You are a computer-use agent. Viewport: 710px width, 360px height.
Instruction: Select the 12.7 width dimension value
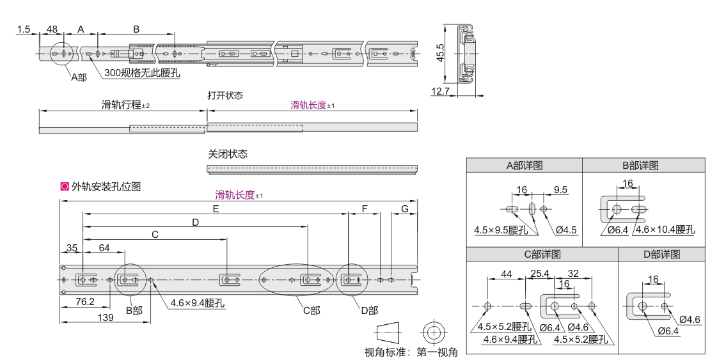point(440,91)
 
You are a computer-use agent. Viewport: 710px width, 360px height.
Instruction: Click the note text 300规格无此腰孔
point(142,73)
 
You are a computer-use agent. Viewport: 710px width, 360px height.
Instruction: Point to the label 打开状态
point(225,95)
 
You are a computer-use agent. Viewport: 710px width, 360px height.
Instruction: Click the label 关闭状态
point(227,154)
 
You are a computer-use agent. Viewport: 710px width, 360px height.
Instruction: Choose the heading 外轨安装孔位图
point(106,187)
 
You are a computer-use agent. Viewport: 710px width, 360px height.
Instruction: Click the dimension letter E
point(216,209)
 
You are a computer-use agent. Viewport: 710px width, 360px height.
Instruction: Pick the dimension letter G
point(404,209)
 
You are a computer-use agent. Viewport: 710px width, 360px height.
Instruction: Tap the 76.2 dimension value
point(84,301)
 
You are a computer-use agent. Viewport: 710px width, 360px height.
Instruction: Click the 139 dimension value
point(106,318)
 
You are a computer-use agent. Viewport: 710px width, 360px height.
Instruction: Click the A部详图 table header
point(525,165)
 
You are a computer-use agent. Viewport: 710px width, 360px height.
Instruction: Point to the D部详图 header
point(661,254)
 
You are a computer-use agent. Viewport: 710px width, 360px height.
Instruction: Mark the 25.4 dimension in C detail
point(540,274)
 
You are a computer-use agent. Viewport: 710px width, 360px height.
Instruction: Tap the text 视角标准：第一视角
point(411,352)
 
